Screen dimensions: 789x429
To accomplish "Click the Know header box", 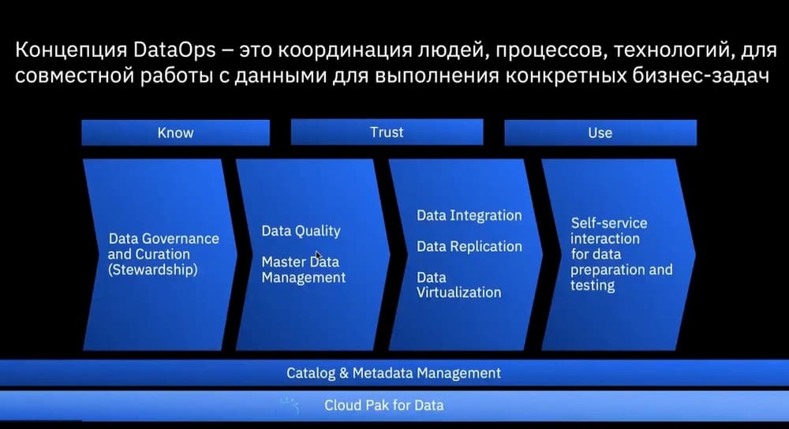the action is pyautogui.click(x=176, y=132).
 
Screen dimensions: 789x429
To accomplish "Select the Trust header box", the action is pyautogui.click(x=387, y=132).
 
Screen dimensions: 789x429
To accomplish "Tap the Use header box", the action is pyautogui.click(x=600, y=132).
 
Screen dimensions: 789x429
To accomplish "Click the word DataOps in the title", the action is pyautogui.click(x=175, y=50).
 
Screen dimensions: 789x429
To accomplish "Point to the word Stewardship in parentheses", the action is pyautogui.click(x=153, y=270).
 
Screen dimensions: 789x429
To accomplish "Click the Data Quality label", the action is pyautogui.click(x=301, y=231).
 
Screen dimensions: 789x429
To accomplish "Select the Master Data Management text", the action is pyautogui.click(x=304, y=270).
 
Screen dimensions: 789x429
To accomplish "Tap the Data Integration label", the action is pyautogui.click(x=469, y=216).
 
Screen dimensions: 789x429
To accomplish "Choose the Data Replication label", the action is pyautogui.click(x=469, y=246).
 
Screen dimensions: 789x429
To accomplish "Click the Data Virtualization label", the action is pyautogui.click(x=458, y=285).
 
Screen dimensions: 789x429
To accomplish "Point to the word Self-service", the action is pyautogui.click(x=609, y=223).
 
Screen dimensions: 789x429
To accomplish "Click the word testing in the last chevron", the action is pyautogui.click(x=593, y=285).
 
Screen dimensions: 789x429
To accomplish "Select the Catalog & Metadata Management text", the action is pyautogui.click(x=394, y=373).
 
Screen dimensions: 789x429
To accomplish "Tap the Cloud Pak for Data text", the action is pyautogui.click(x=384, y=405).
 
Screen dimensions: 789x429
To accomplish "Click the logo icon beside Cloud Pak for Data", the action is pyautogui.click(x=289, y=405).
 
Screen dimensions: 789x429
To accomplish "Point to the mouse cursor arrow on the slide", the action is pyautogui.click(x=318, y=256).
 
